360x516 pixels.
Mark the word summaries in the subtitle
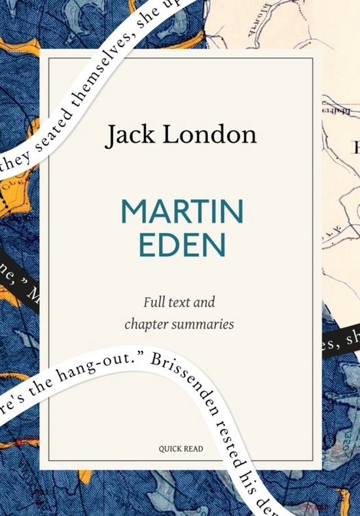204,325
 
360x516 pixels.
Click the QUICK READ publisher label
179,449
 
